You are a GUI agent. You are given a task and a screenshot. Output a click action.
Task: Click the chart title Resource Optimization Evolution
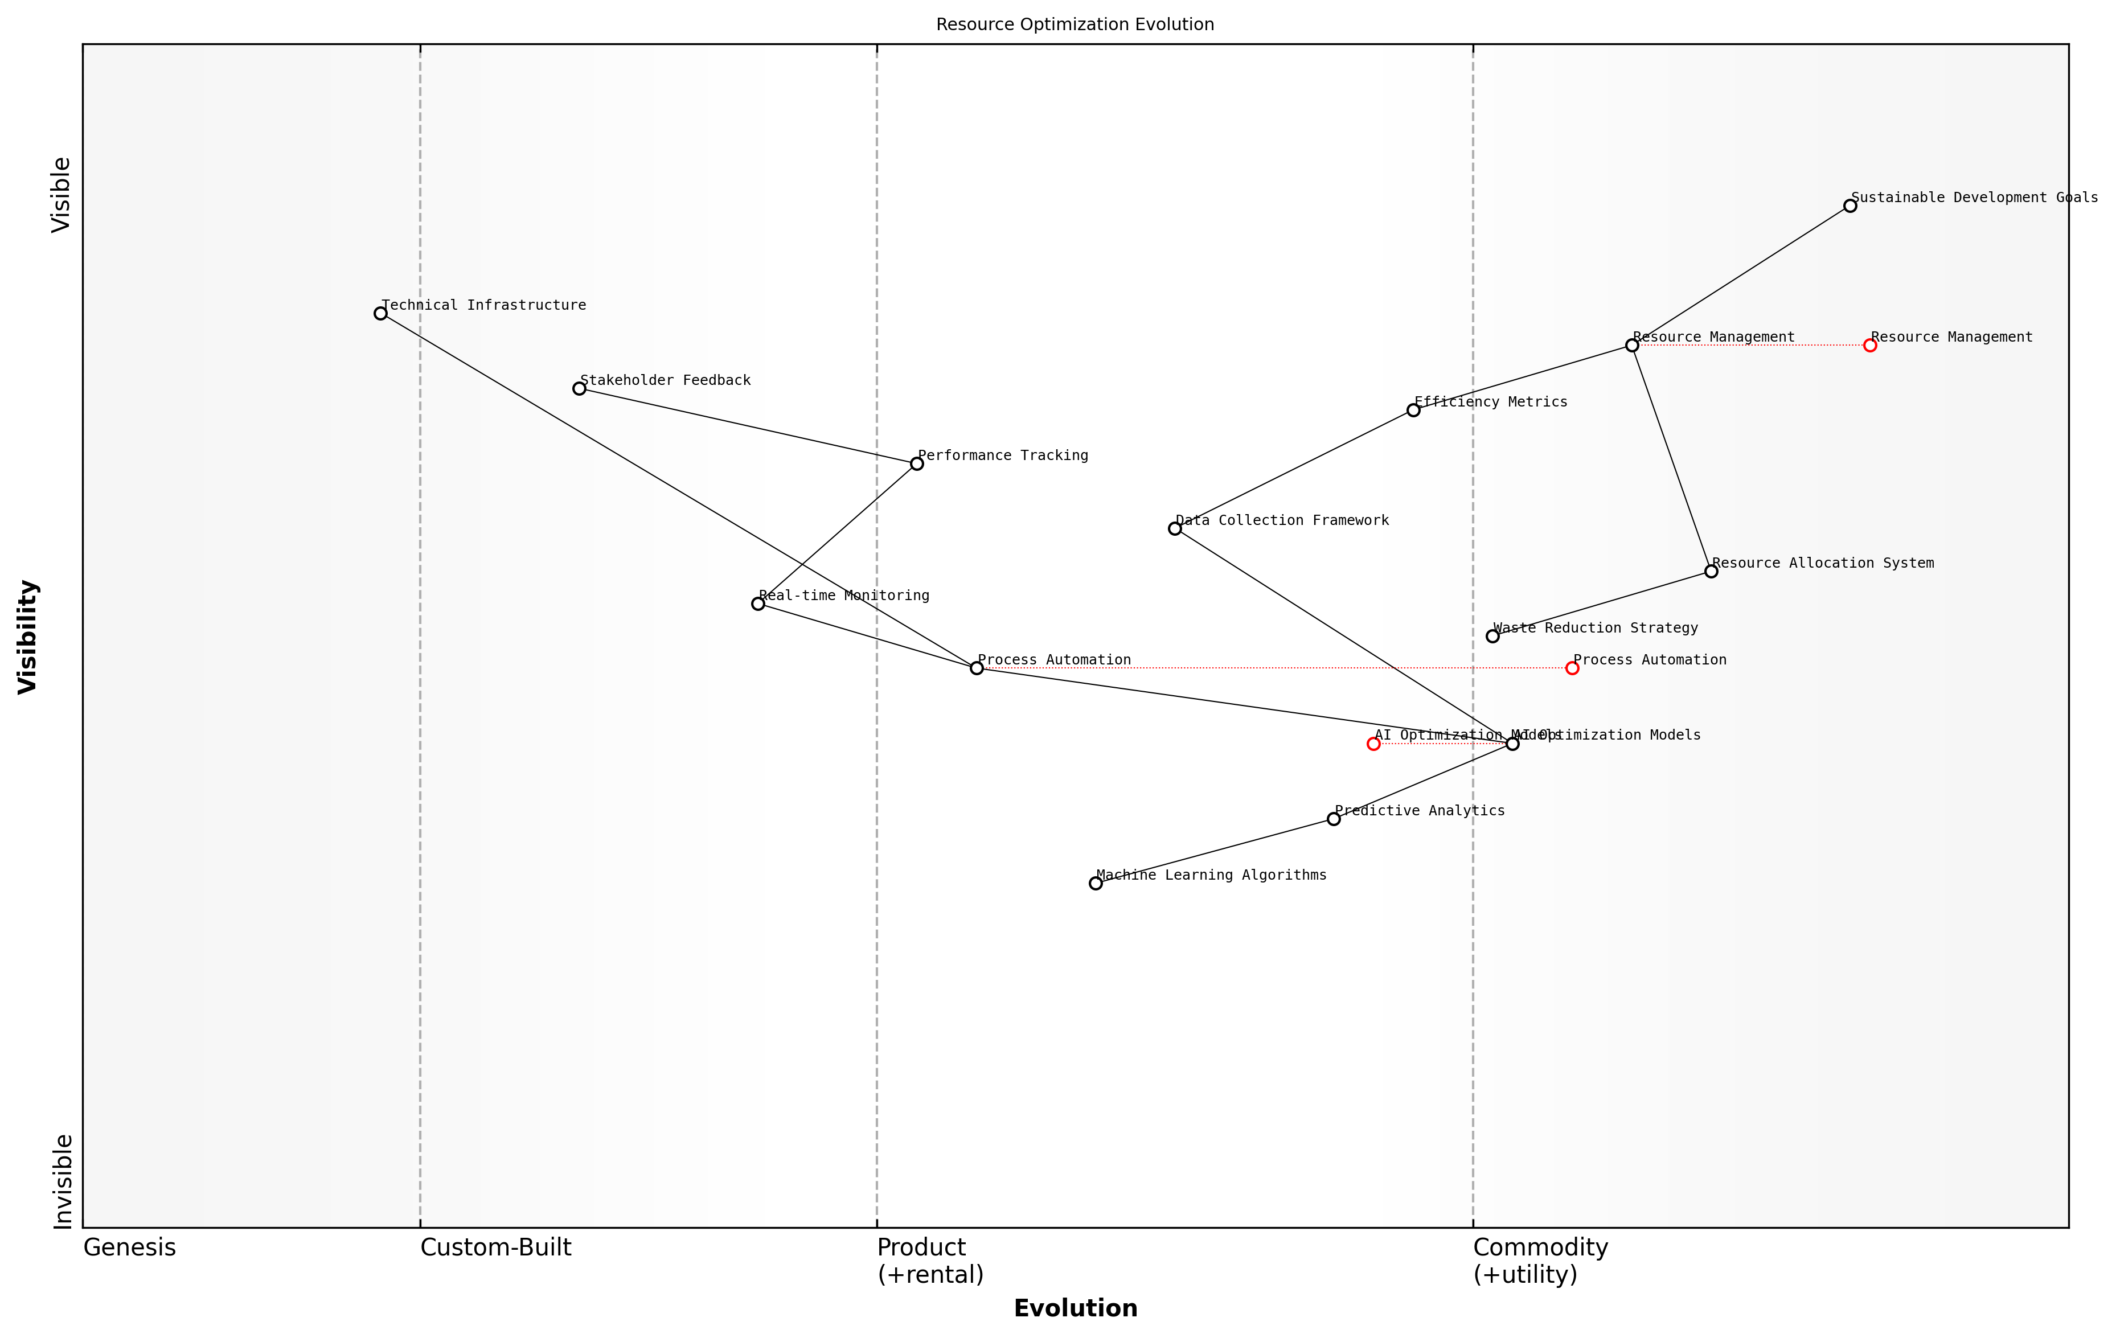(x=1075, y=24)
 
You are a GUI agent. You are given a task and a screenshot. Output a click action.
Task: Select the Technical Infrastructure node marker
(x=380, y=314)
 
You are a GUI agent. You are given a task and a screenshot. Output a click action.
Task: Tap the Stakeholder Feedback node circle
(x=579, y=388)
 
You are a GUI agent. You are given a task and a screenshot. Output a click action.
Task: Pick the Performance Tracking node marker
(x=917, y=464)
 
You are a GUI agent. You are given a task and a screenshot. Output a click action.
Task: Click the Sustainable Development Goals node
(x=1850, y=206)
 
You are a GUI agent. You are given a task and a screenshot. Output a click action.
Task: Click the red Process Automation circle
(x=1572, y=668)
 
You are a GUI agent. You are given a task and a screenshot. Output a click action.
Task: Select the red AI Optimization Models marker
(x=1373, y=744)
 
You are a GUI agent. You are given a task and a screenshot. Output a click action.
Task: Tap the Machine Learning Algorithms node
(x=1096, y=884)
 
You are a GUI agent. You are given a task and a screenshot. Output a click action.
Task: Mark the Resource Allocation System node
(x=1711, y=571)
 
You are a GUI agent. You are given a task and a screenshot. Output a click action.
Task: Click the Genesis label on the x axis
(x=129, y=1247)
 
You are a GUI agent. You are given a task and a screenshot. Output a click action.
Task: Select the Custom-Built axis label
(x=495, y=1247)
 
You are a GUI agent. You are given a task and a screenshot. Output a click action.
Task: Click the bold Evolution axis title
(x=1075, y=1308)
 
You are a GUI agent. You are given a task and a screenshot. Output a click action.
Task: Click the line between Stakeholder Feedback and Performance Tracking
(x=748, y=426)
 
